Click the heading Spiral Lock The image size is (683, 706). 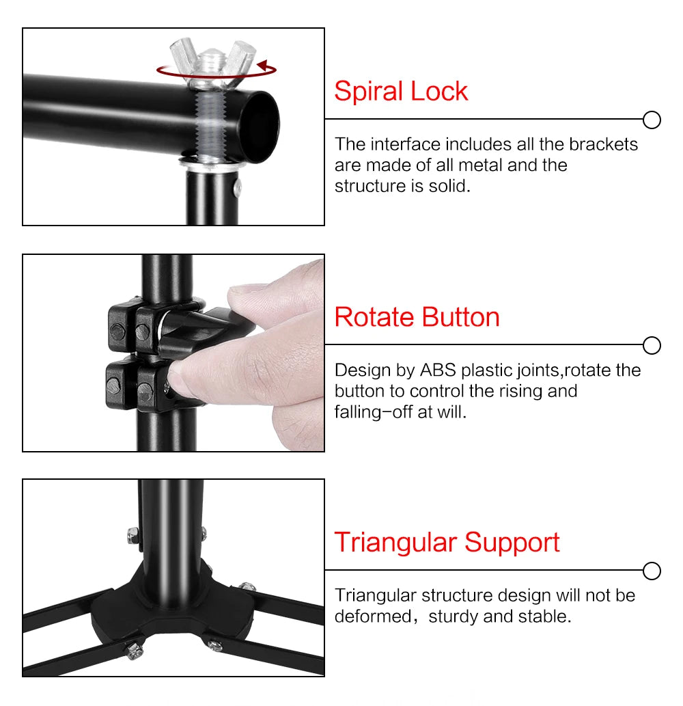coord(401,92)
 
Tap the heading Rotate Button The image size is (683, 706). coord(417,317)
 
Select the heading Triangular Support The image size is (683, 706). coord(447,543)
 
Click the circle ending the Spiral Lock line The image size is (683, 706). coord(652,120)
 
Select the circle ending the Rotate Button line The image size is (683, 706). coord(652,346)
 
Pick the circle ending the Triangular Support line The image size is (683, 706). coord(652,571)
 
